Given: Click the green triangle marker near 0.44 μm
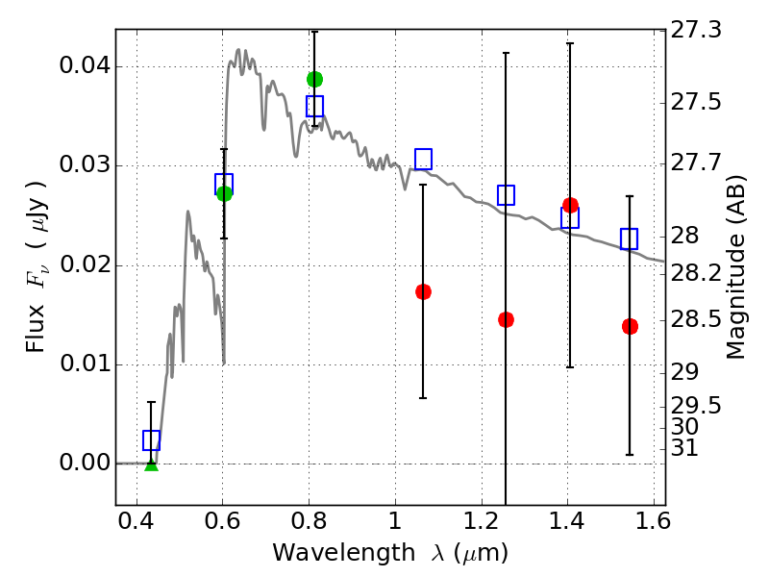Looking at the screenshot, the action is click(x=152, y=465).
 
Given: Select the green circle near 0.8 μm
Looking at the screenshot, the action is click(x=315, y=79).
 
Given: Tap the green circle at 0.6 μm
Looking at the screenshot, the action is click(x=224, y=194).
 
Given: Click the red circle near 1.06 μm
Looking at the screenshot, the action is click(x=423, y=292).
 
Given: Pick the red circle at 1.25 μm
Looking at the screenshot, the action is click(x=507, y=320).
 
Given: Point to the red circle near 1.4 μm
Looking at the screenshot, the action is click(x=570, y=205).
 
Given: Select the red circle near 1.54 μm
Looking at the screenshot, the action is click(x=630, y=326).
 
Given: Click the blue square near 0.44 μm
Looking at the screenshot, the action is click(x=152, y=440).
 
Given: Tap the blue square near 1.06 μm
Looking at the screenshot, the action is click(x=423, y=159).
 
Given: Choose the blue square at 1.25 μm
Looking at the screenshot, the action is click(x=507, y=195).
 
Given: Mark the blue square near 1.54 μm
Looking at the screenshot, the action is click(x=630, y=238).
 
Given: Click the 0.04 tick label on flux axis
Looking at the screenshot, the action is click(x=85, y=65).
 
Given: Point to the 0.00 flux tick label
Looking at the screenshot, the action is click(x=85, y=463).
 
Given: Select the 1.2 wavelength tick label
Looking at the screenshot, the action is click(x=482, y=521).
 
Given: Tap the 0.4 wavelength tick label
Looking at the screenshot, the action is click(x=136, y=521).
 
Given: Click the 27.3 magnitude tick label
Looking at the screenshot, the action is click(x=696, y=30).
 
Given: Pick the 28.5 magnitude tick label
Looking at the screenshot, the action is click(x=696, y=319).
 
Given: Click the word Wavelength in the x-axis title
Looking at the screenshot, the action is click(x=344, y=553).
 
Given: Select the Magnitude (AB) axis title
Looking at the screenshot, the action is click(x=734, y=267).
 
